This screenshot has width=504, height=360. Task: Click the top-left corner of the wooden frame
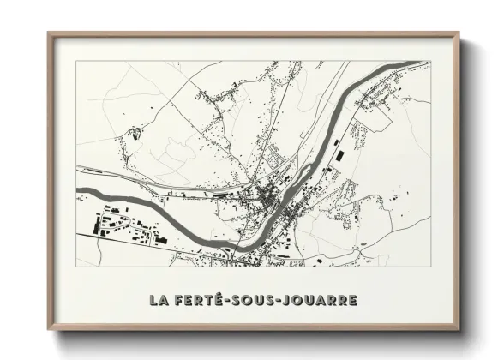coord(48,33)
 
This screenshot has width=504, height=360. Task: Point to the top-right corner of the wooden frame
coord(458,33)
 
